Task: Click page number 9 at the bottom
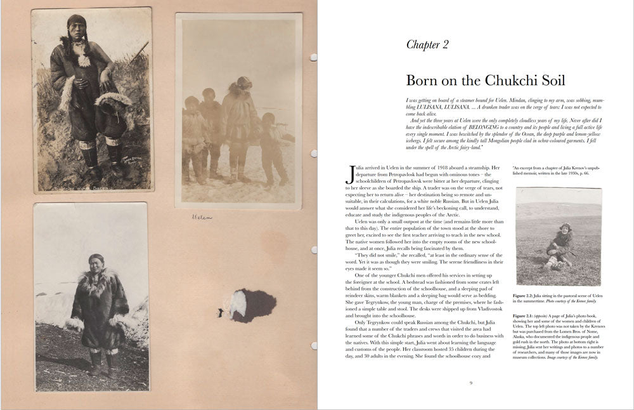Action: [470, 382]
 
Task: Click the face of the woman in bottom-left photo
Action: [96, 261]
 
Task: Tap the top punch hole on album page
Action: [313, 57]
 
